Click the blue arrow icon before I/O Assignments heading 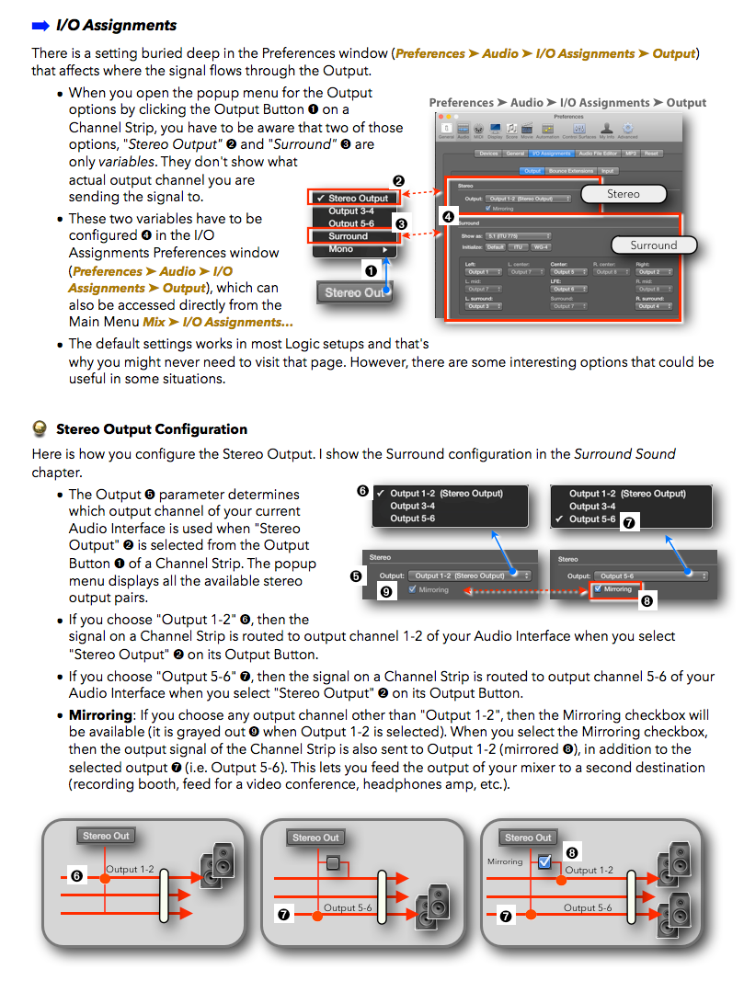pyautogui.click(x=41, y=25)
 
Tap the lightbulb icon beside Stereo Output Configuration pyautogui.click(x=40, y=428)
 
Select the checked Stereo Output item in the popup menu pyautogui.click(x=354, y=199)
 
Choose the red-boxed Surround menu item pyautogui.click(x=349, y=236)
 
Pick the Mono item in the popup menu pyautogui.click(x=341, y=249)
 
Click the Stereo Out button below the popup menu pyautogui.click(x=355, y=292)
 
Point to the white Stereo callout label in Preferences pyautogui.click(x=623, y=194)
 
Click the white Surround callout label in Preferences pyautogui.click(x=653, y=245)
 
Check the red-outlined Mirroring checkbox pyautogui.click(x=598, y=588)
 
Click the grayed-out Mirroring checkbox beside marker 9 pyautogui.click(x=413, y=589)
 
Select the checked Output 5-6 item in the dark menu pyautogui.click(x=591, y=519)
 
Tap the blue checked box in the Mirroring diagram pyautogui.click(x=544, y=861)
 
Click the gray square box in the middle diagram pyautogui.click(x=333, y=862)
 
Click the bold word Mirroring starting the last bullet pyautogui.click(x=98, y=715)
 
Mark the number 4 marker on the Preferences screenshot pyautogui.click(x=448, y=217)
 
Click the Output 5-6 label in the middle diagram pyautogui.click(x=347, y=907)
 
